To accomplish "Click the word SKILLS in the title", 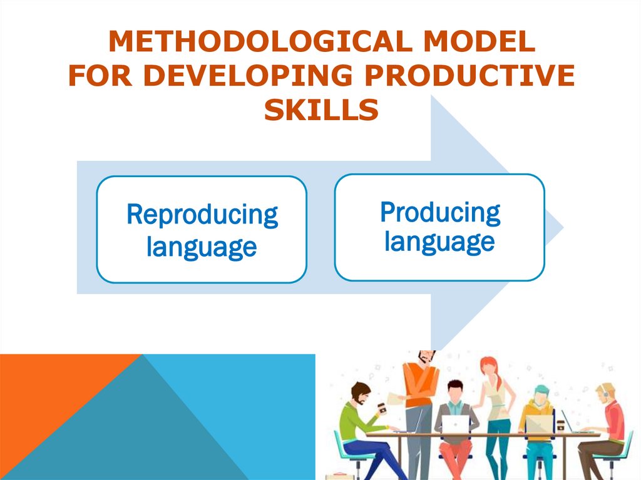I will coord(321,111).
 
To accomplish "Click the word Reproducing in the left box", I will coord(202,215).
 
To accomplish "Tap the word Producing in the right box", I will coord(439,212).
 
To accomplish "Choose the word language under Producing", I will coord(439,241).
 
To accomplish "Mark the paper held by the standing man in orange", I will coord(396,399).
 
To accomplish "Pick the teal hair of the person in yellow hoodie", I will coord(541,390).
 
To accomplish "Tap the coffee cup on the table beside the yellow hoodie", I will coord(561,425).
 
